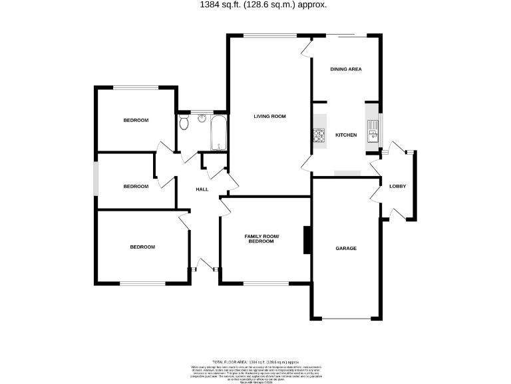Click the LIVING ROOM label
point(269,116)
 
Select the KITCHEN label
point(346,135)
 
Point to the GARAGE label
point(346,248)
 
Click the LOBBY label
point(398,186)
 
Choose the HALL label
point(202,189)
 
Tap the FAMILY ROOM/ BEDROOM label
point(261,239)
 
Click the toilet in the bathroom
point(184,122)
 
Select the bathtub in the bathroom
point(219,133)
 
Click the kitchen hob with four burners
point(319,137)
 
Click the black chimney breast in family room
point(307,241)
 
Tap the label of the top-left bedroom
point(136,120)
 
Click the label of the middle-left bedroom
point(136,186)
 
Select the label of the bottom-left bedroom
point(142,247)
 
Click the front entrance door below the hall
point(204,269)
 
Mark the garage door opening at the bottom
point(346,319)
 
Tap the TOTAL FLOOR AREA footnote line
point(255,360)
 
